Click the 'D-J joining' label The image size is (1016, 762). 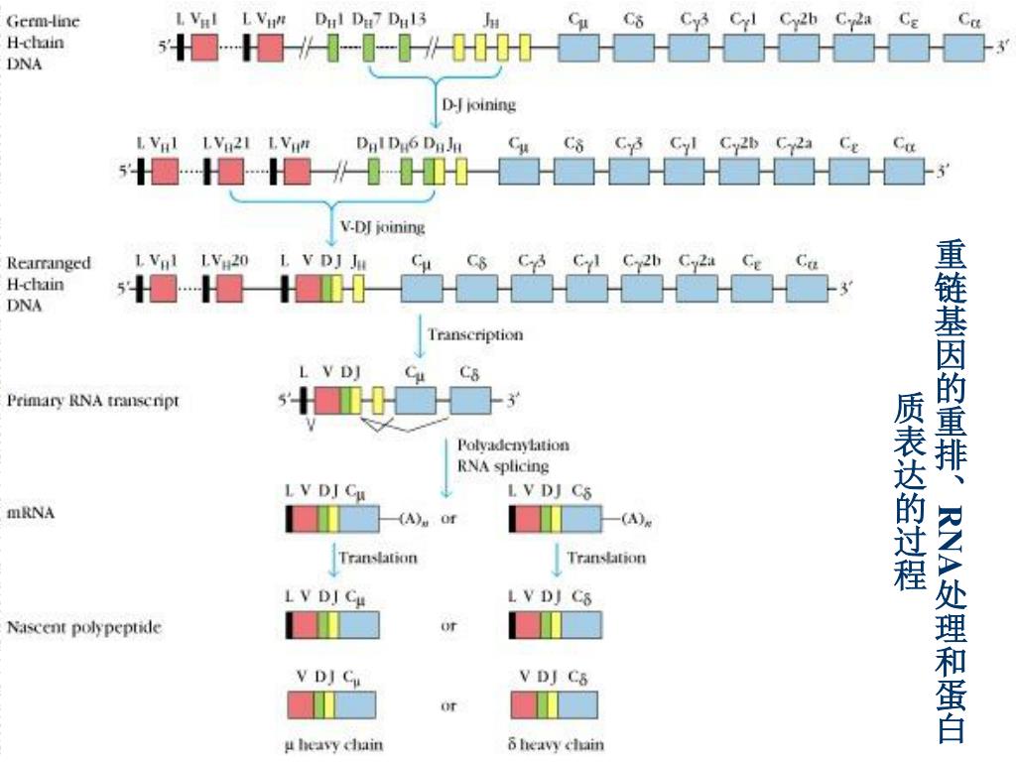click(478, 103)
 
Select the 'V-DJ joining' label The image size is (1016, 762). click(382, 227)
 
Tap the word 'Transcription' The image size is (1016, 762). click(474, 334)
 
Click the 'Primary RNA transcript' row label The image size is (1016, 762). click(93, 402)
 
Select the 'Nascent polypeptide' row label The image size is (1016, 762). click(84, 627)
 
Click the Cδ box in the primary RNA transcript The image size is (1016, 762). click(470, 401)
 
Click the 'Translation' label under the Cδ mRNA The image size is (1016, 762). click(605, 558)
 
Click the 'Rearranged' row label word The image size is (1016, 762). click(49, 263)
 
